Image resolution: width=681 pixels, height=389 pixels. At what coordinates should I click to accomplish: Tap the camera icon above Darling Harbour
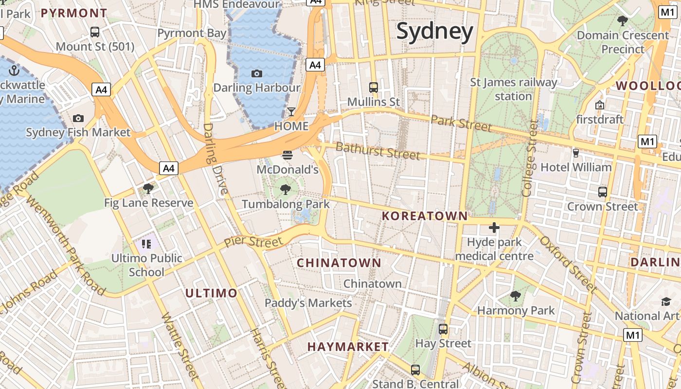[x=257, y=73]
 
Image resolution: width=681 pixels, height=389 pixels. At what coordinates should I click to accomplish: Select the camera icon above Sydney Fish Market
[x=78, y=118]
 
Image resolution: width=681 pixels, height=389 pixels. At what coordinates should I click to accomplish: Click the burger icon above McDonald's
[x=287, y=155]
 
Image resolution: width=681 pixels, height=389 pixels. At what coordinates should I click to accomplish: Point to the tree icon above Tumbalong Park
[x=286, y=190]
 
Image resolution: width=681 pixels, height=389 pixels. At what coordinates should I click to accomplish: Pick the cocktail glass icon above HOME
[x=291, y=112]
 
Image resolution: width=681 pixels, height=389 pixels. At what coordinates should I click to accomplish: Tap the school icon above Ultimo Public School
[x=146, y=244]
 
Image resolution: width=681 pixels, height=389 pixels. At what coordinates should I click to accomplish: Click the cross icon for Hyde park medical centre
[x=494, y=227]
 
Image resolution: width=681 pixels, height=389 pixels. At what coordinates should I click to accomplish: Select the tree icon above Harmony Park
[x=515, y=296]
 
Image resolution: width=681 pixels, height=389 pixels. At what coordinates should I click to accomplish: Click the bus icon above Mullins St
[x=373, y=88]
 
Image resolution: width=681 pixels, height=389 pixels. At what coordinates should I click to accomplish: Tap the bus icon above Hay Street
[x=443, y=329]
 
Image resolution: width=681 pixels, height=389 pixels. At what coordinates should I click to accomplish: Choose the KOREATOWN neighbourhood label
[x=425, y=216]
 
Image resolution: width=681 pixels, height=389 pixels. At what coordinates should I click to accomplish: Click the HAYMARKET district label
[x=348, y=347]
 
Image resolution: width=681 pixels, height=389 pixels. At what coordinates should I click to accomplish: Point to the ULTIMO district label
[x=211, y=293]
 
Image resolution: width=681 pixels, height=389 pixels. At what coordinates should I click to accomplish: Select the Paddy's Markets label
[x=308, y=303]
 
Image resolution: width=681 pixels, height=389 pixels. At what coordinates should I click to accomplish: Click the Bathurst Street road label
[x=377, y=151]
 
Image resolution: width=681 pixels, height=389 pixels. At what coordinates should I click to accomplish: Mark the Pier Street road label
[x=253, y=242]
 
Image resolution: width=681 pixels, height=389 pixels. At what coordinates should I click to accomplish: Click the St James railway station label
[x=513, y=89]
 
